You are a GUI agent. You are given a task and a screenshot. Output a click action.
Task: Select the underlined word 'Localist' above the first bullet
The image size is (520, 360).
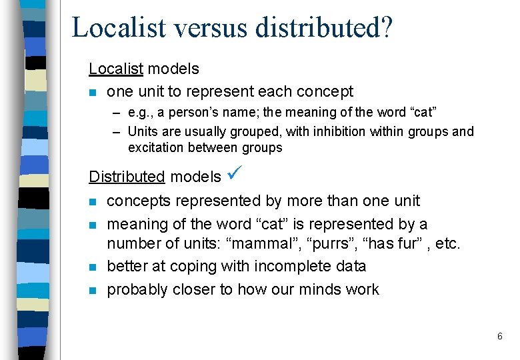coord(115,68)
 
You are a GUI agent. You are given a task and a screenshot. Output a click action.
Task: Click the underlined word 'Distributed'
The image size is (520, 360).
coord(127,177)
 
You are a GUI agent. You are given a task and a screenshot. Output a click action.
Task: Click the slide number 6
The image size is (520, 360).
coord(499,337)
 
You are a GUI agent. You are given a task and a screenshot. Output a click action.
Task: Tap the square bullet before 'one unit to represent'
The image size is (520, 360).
coord(93,92)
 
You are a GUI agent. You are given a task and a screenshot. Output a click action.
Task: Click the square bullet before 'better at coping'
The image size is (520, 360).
coord(93,267)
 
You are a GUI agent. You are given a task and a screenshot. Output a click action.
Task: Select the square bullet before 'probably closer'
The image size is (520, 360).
coord(93,291)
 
